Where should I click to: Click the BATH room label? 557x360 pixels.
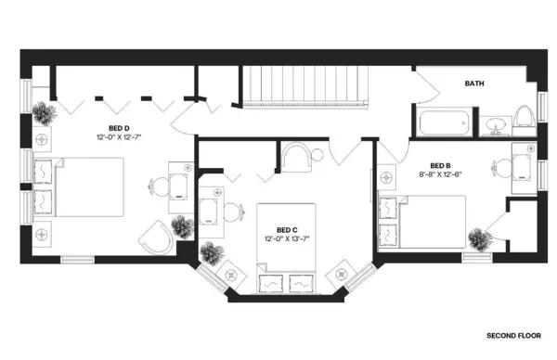tap(474, 84)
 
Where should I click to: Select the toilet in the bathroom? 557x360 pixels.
tap(523, 117)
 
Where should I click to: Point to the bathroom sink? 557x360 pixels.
tap(495, 124)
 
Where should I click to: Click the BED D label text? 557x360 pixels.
tap(119, 129)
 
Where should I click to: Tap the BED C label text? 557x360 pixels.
tap(286, 229)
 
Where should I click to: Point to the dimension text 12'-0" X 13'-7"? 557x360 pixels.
tap(286, 238)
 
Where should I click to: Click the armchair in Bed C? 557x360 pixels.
tap(298, 157)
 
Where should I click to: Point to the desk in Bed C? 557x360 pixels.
tap(209, 212)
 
